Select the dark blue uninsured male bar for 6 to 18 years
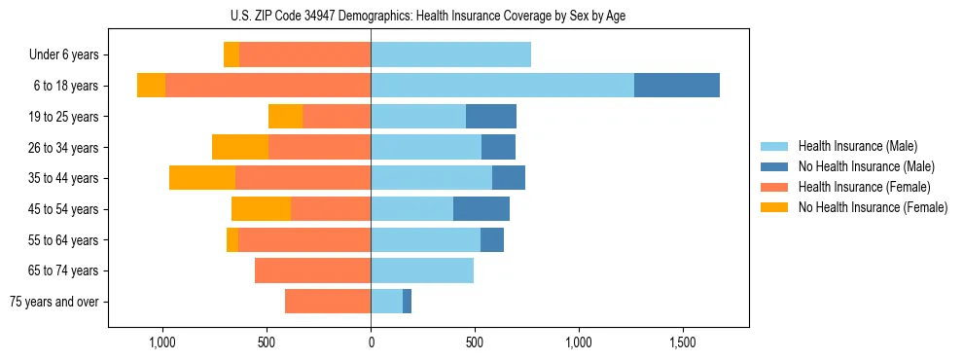click(x=677, y=86)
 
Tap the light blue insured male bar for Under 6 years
click(x=450, y=54)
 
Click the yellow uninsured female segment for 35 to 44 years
click(x=202, y=178)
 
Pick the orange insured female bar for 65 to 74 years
click(x=312, y=270)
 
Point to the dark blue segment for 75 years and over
click(x=407, y=302)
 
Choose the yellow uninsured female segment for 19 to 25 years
click(x=285, y=117)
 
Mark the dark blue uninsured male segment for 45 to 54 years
click(x=481, y=209)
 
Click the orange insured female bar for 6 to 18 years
click(x=267, y=86)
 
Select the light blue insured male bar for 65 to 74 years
click(x=422, y=270)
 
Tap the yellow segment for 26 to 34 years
click(x=240, y=147)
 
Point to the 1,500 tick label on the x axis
click(x=682, y=343)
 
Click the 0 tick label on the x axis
click(x=371, y=343)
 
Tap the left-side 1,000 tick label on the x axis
click(x=161, y=343)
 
